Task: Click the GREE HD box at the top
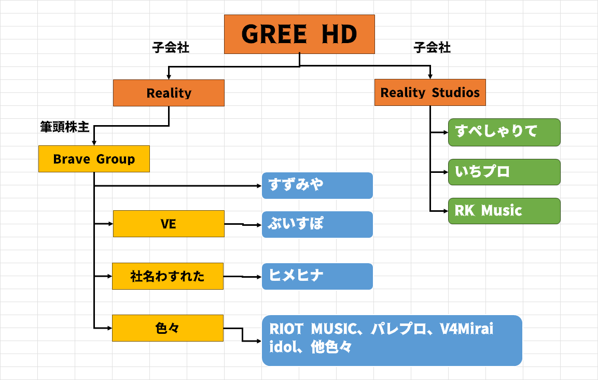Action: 299,34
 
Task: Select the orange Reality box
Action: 169,93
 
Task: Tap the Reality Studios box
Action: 430,93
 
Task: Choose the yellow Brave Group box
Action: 94,159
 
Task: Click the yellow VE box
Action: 169,224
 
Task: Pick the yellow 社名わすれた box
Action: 168,276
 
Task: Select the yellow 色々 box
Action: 168,328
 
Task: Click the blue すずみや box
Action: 317,185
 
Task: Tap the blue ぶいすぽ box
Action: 317,224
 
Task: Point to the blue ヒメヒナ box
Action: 317,276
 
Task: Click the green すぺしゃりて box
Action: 504,132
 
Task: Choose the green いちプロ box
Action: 504,172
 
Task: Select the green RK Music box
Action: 504,211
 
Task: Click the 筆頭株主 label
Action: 65,127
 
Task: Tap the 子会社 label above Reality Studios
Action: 432,48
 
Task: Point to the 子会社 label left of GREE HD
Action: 171,48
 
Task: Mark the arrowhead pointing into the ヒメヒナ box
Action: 259,277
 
